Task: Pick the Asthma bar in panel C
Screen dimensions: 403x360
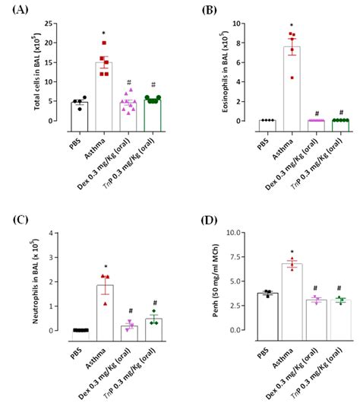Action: click(x=105, y=308)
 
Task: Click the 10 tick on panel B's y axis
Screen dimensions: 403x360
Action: click(x=239, y=24)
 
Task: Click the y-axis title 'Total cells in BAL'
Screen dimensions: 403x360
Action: click(x=36, y=72)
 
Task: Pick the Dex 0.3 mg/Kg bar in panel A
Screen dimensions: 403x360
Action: click(x=128, y=111)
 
